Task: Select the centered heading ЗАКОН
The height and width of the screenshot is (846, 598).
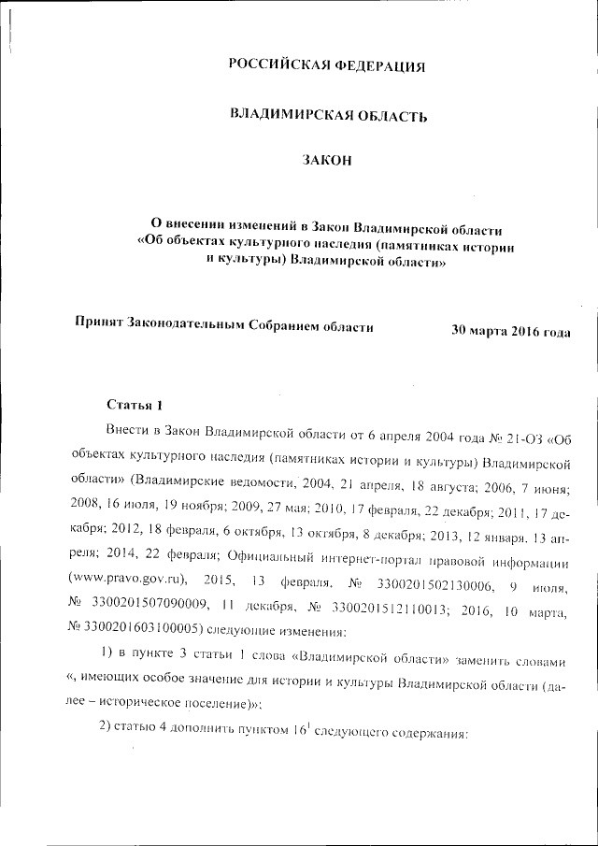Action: [327, 163]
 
